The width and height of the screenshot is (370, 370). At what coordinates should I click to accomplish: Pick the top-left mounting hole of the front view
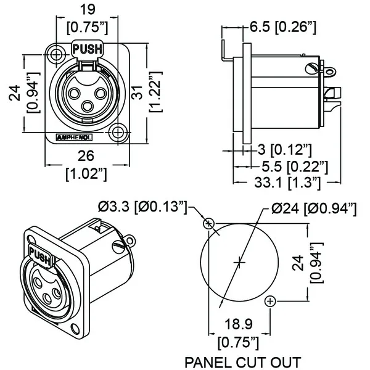pyautogui.click(x=56, y=55)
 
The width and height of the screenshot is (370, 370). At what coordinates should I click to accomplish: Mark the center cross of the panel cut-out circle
pyautogui.click(x=240, y=262)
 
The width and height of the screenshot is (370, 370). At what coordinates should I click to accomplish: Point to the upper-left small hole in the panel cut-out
pyautogui.click(x=210, y=223)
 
